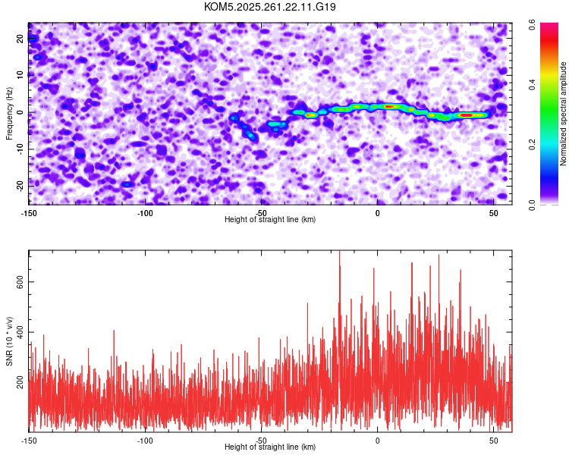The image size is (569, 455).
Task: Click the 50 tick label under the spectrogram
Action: coord(494,213)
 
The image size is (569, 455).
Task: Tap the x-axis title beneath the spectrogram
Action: coord(270,220)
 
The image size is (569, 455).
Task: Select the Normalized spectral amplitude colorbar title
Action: coord(564,114)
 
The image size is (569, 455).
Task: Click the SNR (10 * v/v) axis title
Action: coord(9,341)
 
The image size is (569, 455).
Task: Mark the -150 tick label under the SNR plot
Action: coord(29,441)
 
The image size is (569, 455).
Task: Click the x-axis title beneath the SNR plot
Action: coord(270,447)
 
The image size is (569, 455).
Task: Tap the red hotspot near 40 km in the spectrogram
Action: coord(467,115)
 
